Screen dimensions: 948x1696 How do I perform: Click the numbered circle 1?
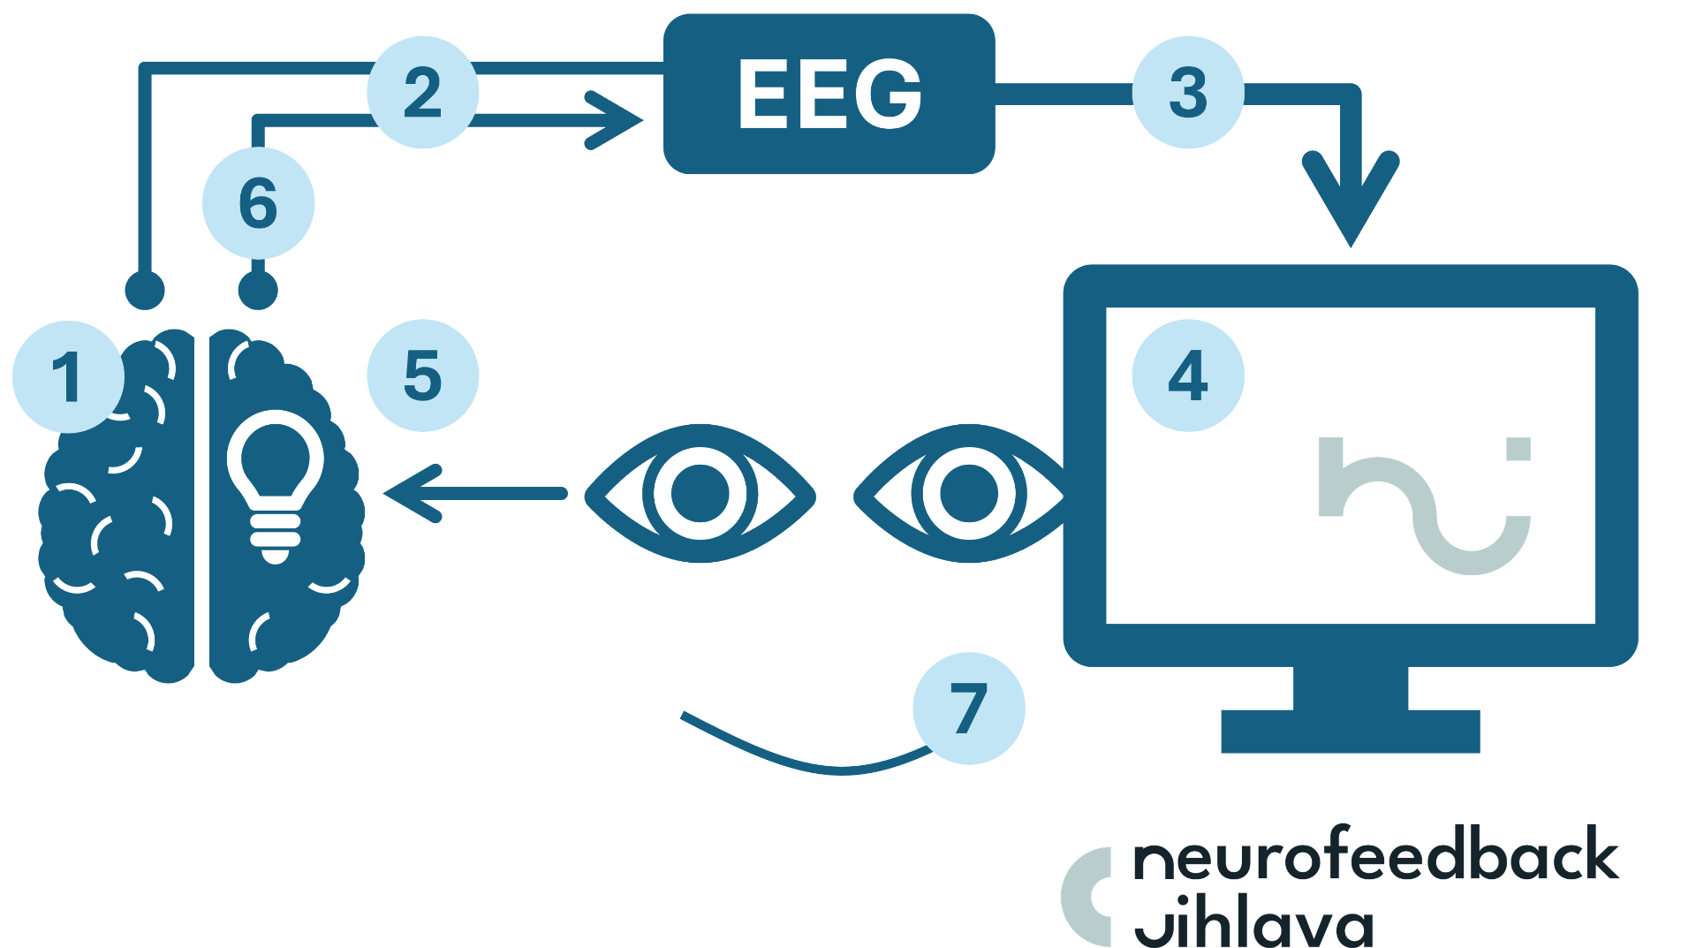point(68,377)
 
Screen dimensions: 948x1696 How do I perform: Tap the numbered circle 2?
point(423,93)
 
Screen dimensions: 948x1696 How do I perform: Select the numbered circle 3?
point(1188,93)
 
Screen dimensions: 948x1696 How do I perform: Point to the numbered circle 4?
point(1188,375)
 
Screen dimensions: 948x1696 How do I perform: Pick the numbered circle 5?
point(423,375)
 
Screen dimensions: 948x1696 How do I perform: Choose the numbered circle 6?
point(258,203)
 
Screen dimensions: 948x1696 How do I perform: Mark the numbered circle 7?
point(969,709)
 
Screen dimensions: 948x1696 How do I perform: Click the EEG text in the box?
point(829,95)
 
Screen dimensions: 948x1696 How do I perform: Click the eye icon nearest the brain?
point(700,494)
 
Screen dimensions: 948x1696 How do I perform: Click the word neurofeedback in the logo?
point(1375,855)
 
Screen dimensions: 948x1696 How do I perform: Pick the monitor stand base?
point(1350,731)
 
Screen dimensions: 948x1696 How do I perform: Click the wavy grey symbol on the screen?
point(1424,504)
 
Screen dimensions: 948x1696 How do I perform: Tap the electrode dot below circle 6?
point(258,290)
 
